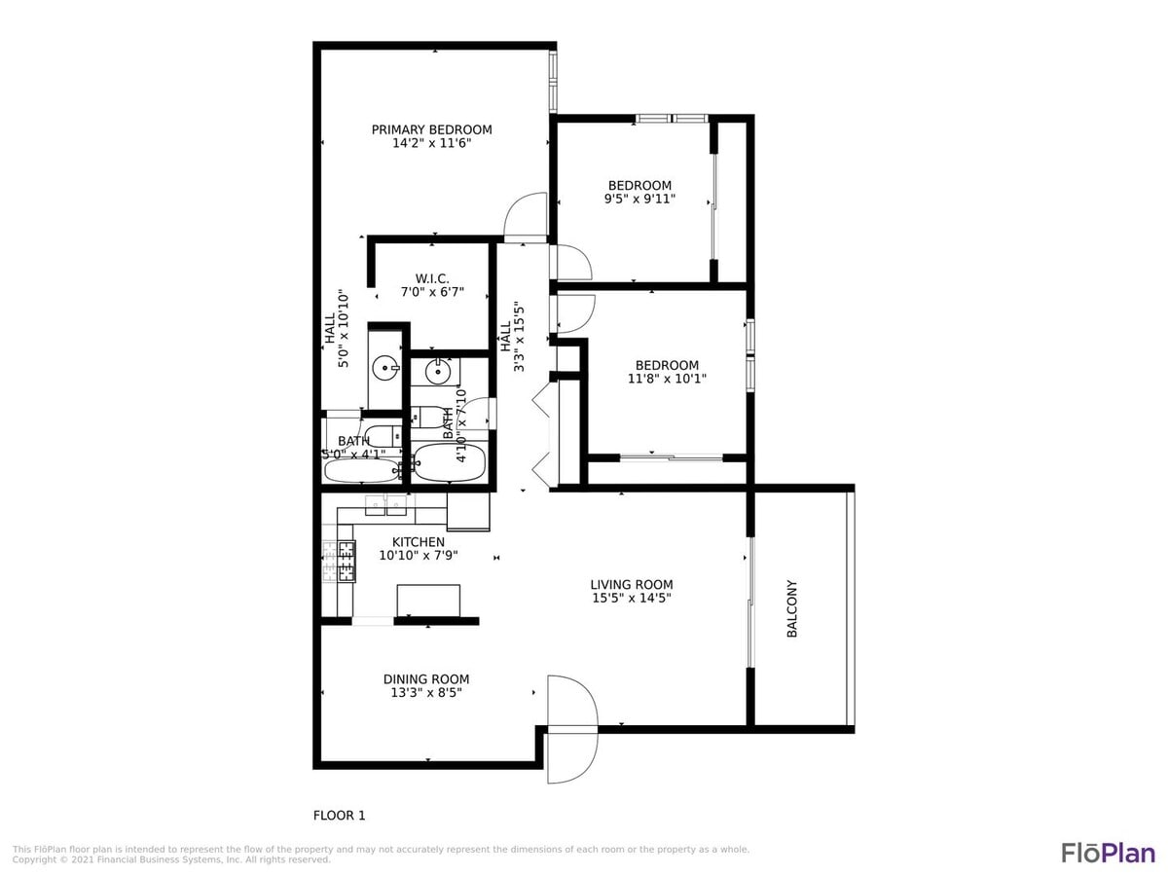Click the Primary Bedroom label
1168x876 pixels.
431,129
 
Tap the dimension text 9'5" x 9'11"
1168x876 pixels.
639,199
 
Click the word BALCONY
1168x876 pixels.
791,609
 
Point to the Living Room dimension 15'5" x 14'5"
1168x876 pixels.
631,598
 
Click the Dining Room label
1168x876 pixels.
425,679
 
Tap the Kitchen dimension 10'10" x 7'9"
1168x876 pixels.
419,555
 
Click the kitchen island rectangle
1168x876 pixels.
428,600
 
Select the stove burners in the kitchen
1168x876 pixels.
346,561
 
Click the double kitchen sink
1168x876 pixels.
385,505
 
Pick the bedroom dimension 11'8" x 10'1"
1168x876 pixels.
667,379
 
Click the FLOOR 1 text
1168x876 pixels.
339,816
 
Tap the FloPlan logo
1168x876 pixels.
1108,853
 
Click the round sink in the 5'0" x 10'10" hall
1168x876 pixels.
385,367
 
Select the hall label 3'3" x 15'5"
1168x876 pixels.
512,336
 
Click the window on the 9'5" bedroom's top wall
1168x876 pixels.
672,119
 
